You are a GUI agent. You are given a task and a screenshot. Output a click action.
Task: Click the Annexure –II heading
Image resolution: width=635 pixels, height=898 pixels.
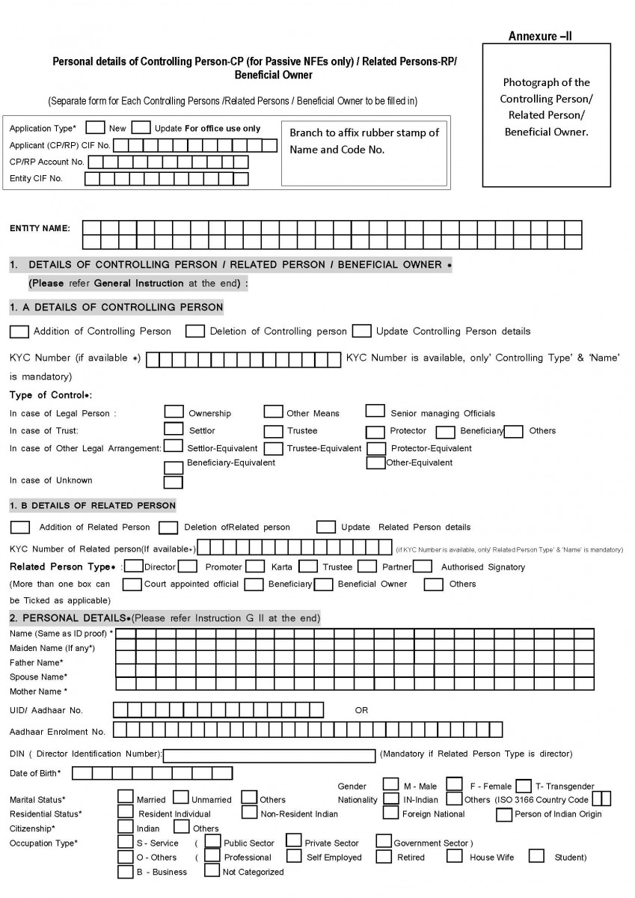541,36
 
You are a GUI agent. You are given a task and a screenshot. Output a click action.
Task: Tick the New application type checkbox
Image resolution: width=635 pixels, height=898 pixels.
95,127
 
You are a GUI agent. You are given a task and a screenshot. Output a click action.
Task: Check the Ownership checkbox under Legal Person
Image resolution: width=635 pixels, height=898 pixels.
174,411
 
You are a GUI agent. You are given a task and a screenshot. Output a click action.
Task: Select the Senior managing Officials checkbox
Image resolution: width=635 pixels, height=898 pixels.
375,411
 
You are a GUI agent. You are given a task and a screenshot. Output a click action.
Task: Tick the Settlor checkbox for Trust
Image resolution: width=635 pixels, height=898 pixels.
174,429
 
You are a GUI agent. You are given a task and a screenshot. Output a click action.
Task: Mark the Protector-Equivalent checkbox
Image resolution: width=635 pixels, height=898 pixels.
376,448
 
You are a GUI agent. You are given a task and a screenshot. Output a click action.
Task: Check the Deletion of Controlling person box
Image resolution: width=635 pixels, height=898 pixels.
195,330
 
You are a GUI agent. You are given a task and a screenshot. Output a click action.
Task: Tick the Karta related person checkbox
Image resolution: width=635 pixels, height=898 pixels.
256,566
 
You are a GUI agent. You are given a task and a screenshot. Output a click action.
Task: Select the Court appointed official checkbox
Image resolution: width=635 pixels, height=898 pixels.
132,584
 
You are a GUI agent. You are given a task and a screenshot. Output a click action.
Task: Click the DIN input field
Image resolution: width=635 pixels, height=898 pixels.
269,754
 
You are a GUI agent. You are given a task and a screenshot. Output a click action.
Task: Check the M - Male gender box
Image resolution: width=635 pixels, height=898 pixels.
390,785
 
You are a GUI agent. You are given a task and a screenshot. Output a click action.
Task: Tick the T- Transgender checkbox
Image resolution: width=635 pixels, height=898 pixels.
524,786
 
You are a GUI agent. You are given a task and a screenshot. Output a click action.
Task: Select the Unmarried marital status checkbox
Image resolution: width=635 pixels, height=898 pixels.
180,798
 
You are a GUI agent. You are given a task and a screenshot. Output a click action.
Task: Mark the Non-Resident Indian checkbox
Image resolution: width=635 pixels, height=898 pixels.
249,813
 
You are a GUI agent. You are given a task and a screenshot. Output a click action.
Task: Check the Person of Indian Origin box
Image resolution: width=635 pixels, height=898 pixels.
503,813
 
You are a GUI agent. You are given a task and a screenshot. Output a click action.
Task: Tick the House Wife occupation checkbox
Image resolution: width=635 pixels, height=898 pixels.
455,856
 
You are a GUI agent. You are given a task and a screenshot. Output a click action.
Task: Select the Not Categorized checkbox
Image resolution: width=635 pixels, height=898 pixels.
212,870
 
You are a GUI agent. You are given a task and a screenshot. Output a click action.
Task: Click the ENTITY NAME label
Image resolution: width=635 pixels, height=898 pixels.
40,227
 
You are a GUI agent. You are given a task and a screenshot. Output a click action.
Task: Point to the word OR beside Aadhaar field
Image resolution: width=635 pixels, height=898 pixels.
361,710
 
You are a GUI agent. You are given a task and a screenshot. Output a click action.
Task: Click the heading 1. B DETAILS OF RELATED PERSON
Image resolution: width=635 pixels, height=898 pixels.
93,506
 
